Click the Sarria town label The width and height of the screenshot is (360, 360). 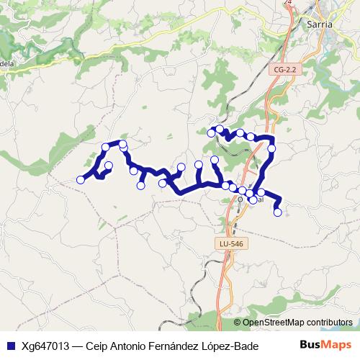[x=320, y=24]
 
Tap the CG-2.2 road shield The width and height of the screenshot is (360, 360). [x=285, y=69]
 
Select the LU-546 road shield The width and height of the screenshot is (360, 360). [x=232, y=244]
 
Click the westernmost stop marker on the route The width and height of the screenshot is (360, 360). [x=81, y=180]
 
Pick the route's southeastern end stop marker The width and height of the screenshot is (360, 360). [x=277, y=212]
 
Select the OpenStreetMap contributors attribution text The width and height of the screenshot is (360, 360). [x=297, y=323]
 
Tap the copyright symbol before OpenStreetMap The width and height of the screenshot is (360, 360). [x=238, y=323]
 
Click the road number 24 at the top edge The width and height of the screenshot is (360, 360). [x=288, y=3]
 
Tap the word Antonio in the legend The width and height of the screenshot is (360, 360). [x=127, y=346]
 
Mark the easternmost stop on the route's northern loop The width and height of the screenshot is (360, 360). [x=272, y=149]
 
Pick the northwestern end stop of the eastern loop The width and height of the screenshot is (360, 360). [x=211, y=132]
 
